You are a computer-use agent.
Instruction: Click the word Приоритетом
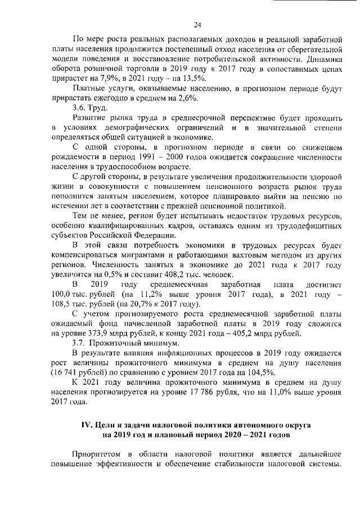(x=101, y=455)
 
